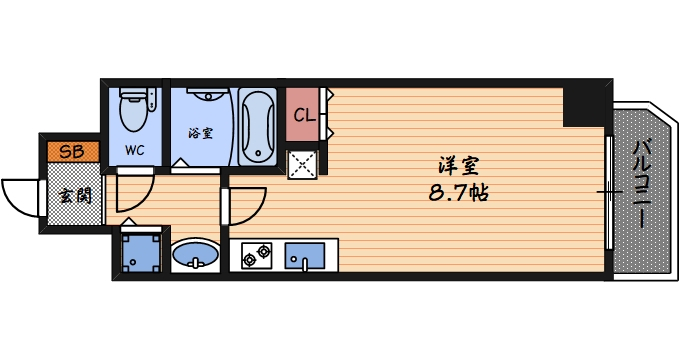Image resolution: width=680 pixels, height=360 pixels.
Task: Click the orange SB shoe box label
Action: pos(71,152)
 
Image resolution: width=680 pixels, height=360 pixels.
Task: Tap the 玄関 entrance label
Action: pos(72,194)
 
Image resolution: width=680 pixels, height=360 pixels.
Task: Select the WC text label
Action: pos(134,150)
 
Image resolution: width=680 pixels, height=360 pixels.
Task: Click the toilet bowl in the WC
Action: pos(133,109)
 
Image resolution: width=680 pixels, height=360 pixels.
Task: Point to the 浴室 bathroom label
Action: pos(199,130)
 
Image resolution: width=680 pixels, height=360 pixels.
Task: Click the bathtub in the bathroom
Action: pos(257,127)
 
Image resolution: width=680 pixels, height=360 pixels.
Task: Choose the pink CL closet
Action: pos(305,115)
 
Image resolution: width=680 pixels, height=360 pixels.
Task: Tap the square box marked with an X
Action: pos(303,163)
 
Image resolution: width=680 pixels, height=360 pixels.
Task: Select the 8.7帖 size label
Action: pos(456,192)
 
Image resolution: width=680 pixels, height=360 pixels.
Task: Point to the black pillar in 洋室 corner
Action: pos(583,104)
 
